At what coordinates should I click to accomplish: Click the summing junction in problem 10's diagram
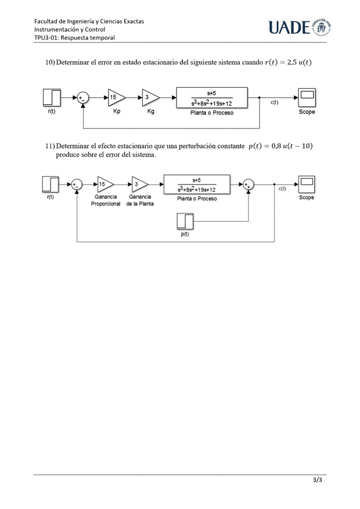[x=83, y=98]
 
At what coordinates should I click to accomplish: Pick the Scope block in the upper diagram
[x=307, y=98]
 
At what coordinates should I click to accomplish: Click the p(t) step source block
[x=186, y=221]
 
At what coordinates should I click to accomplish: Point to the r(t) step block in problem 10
[x=52, y=98]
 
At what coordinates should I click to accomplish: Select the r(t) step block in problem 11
[x=51, y=185]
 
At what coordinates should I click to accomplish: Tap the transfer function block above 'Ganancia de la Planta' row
[x=197, y=185]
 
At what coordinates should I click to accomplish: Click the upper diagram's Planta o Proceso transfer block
[x=212, y=98]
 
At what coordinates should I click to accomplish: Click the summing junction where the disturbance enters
[x=249, y=185]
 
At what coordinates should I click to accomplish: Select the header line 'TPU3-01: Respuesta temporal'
[x=74, y=37]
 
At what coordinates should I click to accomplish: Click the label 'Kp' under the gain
[x=117, y=112]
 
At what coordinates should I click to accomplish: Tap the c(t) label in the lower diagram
[x=282, y=189]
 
